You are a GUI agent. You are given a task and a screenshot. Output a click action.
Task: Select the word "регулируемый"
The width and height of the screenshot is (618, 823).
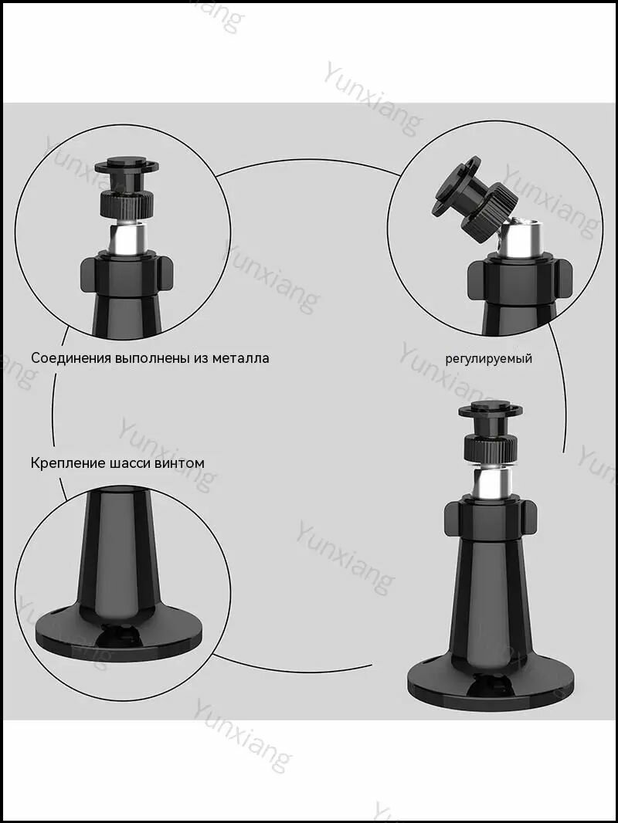(x=488, y=359)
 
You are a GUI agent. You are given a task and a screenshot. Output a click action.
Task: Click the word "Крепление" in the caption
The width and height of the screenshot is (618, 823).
(x=68, y=463)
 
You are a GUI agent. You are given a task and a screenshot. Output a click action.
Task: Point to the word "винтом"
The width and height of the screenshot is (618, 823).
(x=179, y=463)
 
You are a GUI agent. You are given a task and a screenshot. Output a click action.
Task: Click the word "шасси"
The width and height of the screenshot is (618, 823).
(x=131, y=463)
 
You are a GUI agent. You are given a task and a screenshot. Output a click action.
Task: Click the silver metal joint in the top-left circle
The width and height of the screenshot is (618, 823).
(x=126, y=239)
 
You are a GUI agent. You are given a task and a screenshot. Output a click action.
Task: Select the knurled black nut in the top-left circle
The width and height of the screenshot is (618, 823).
(x=126, y=203)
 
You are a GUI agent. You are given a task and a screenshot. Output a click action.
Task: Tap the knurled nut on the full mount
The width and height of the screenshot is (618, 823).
(x=491, y=448)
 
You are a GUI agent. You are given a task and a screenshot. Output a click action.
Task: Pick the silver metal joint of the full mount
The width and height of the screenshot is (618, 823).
(x=491, y=483)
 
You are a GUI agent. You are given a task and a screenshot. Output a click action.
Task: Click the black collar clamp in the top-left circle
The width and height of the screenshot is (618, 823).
(x=126, y=276)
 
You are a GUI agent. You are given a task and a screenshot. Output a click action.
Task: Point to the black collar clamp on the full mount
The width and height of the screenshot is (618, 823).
(x=491, y=520)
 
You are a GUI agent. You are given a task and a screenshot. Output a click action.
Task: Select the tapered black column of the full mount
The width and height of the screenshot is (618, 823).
(x=491, y=598)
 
